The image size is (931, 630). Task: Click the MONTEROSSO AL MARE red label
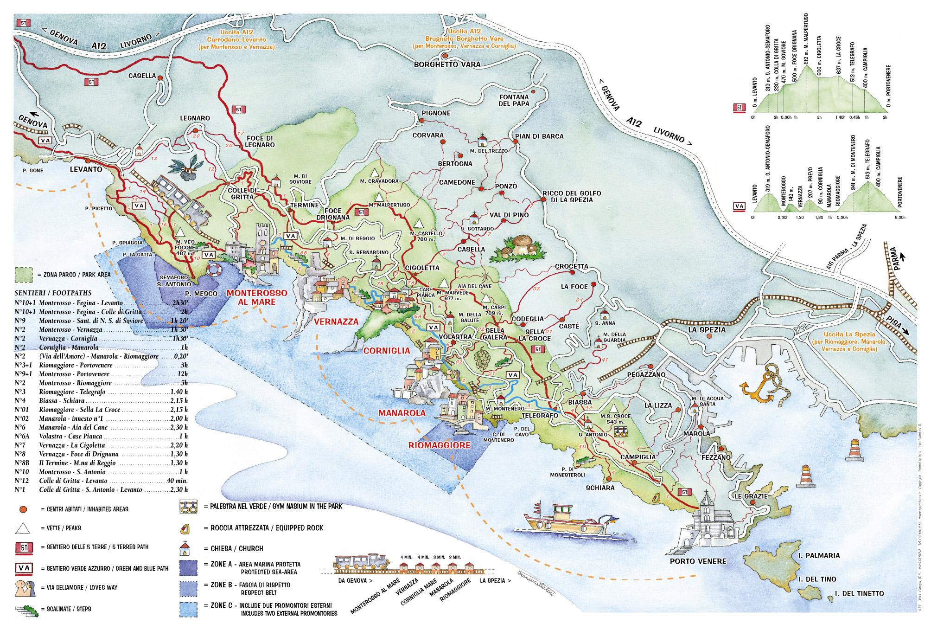[256, 297]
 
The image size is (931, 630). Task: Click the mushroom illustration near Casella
[517, 247]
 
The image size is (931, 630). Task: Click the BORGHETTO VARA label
[447, 64]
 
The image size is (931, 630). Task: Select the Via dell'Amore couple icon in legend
[23, 588]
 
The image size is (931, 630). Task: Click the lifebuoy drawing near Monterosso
[215, 270]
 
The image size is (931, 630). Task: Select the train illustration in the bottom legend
[363, 562]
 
